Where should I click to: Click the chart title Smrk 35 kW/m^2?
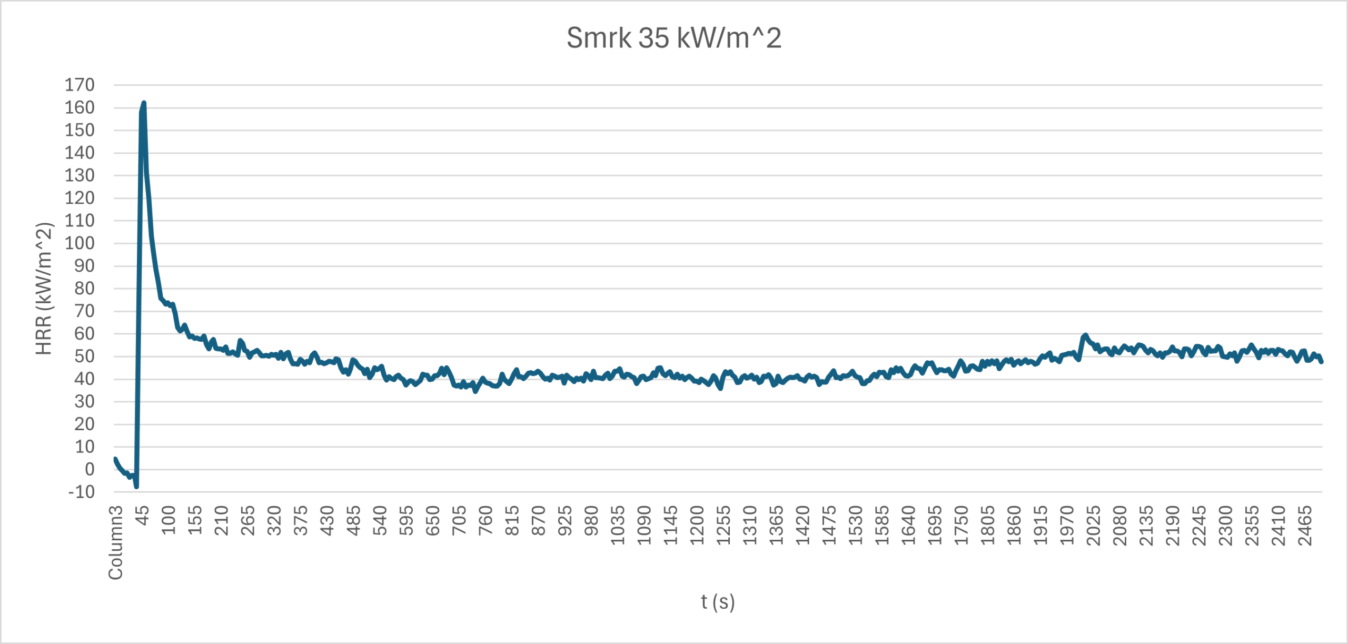(673, 38)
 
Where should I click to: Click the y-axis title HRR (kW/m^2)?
(44, 289)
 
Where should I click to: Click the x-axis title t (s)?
(717, 601)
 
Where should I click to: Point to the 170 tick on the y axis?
(80, 85)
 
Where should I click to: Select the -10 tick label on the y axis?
(82, 492)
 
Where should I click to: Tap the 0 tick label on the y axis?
(90, 469)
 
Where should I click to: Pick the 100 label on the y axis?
(80, 243)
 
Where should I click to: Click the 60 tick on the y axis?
(84, 334)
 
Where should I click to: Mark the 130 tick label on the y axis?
(80, 175)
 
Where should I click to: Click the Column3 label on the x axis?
(116, 542)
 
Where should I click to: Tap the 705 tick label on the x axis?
(459, 520)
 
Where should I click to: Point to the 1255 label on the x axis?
(723, 525)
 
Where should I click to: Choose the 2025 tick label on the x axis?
(1094, 525)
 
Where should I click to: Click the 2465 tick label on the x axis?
(1305, 525)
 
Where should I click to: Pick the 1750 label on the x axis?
(962, 525)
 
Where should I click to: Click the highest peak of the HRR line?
(144, 103)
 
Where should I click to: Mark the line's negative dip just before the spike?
(136, 486)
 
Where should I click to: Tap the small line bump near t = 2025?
(1085, 335)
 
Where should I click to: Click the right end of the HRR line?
(1321, 362)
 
